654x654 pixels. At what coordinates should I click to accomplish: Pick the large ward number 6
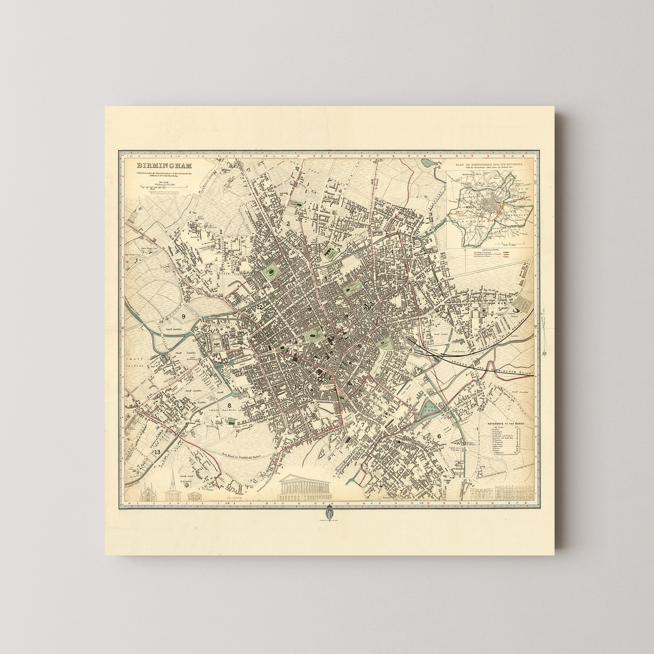[439, 436]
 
